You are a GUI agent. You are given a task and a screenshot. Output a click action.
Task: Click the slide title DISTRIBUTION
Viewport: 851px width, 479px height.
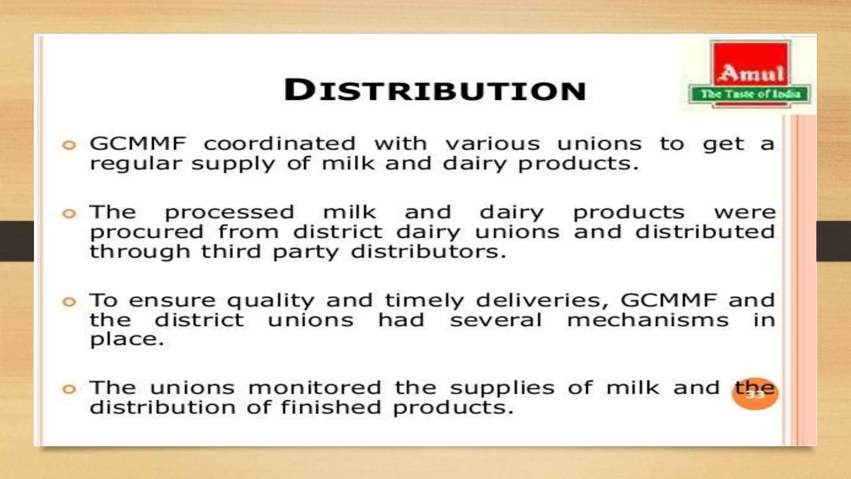(435, 90)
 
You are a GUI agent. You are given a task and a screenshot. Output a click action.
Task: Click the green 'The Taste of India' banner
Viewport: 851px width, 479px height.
(750, 94)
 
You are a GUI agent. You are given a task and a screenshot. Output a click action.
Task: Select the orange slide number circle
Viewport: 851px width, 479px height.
(755, 394)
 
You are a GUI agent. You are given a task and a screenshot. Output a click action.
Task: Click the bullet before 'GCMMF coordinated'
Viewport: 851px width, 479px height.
(69, 145)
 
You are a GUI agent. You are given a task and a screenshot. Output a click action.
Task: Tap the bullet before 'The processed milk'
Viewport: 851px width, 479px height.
(69, 214)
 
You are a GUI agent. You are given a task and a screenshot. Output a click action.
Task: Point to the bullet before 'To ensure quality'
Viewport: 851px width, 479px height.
(69, 301)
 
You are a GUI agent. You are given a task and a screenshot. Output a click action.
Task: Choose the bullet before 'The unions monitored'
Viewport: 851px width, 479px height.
(69, 389)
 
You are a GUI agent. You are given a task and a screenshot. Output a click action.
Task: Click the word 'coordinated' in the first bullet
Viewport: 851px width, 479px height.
(280, 144)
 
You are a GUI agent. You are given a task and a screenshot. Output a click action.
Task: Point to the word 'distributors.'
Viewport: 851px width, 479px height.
(428, 252)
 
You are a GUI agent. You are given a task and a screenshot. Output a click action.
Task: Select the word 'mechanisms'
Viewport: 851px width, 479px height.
(648, 320)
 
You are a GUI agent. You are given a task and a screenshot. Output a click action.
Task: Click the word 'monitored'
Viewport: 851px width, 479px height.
(315, 388)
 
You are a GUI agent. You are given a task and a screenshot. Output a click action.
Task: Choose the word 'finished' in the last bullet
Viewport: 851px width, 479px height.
(331, 407)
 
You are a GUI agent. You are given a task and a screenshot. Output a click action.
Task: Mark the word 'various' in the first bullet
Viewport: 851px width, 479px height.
(492, 144)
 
